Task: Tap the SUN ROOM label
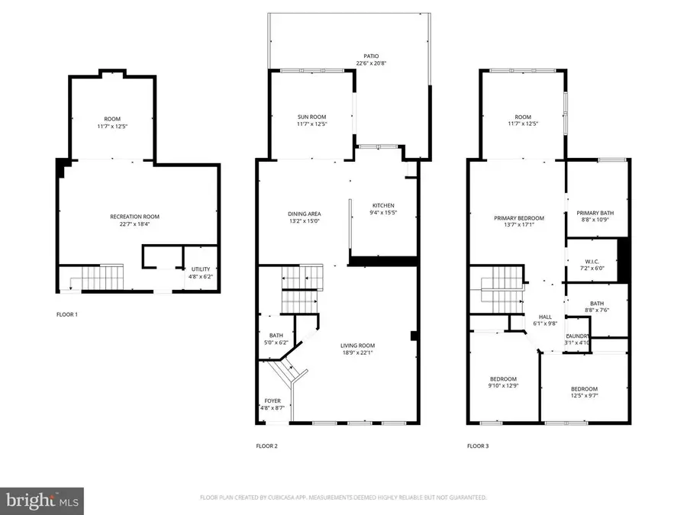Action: [311, 117]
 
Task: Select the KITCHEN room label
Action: [382, 206]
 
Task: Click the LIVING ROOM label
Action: [357, 346]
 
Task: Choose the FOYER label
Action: [273, 401]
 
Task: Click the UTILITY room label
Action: [201, 269]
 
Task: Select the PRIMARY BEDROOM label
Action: [518, 217]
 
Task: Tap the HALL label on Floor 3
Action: [545, 317]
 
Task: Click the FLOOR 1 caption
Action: [67, 314]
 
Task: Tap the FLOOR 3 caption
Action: [478, 446]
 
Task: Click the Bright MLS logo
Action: [42, 501]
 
